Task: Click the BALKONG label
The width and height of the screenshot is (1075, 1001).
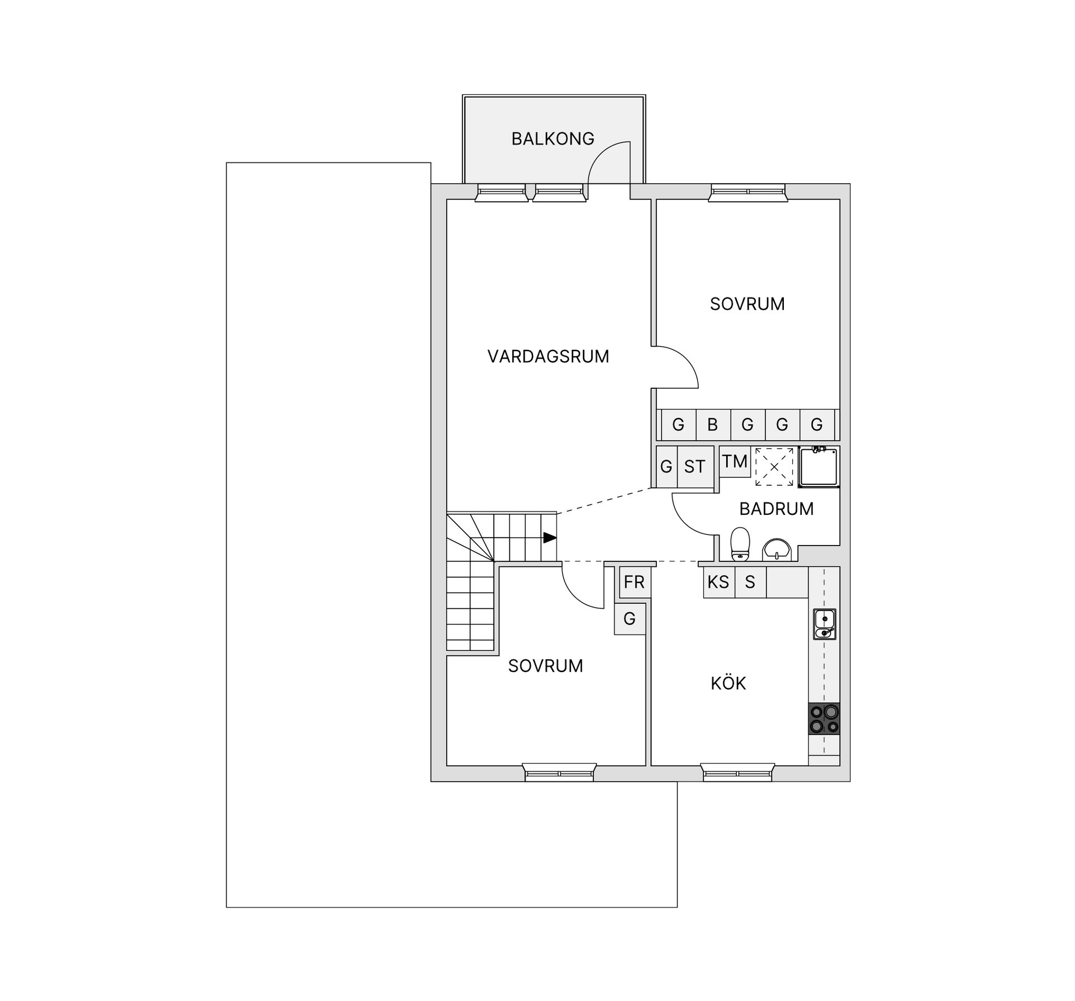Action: click(x=553, y=138)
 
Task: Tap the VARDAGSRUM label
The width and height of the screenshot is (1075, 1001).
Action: click(x=548, y=356)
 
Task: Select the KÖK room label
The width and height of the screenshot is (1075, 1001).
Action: click(x=728, y=683)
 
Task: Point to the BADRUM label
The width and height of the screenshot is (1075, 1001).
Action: click(x=776, y=509)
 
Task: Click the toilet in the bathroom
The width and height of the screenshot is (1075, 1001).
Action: click(x=740, y=543)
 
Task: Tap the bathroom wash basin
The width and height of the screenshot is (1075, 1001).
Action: click(x=777, y=549)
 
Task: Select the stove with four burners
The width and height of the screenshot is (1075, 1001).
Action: click(x=824, y=719)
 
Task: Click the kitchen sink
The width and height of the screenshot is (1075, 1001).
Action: click(x=824, y=624)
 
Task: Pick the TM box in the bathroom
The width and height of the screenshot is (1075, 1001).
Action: click(x=735, y=462)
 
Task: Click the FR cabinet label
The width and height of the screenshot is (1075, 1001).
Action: click(x=634, y=583)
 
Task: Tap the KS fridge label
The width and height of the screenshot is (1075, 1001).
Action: click(x=718, y=583)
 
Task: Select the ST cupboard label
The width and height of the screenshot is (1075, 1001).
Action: click(x=695, y=467)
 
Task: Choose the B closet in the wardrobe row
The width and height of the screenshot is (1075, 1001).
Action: click(x=713, y=425)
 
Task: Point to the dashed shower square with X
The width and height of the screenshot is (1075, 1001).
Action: click(x=774, y=466)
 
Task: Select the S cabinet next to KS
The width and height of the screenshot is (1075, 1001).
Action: click(x=750, y=583)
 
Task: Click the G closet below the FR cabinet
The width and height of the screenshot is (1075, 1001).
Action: click(x=629, y=619)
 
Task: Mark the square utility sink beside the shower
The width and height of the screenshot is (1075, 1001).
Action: click(x=819, y=466)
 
